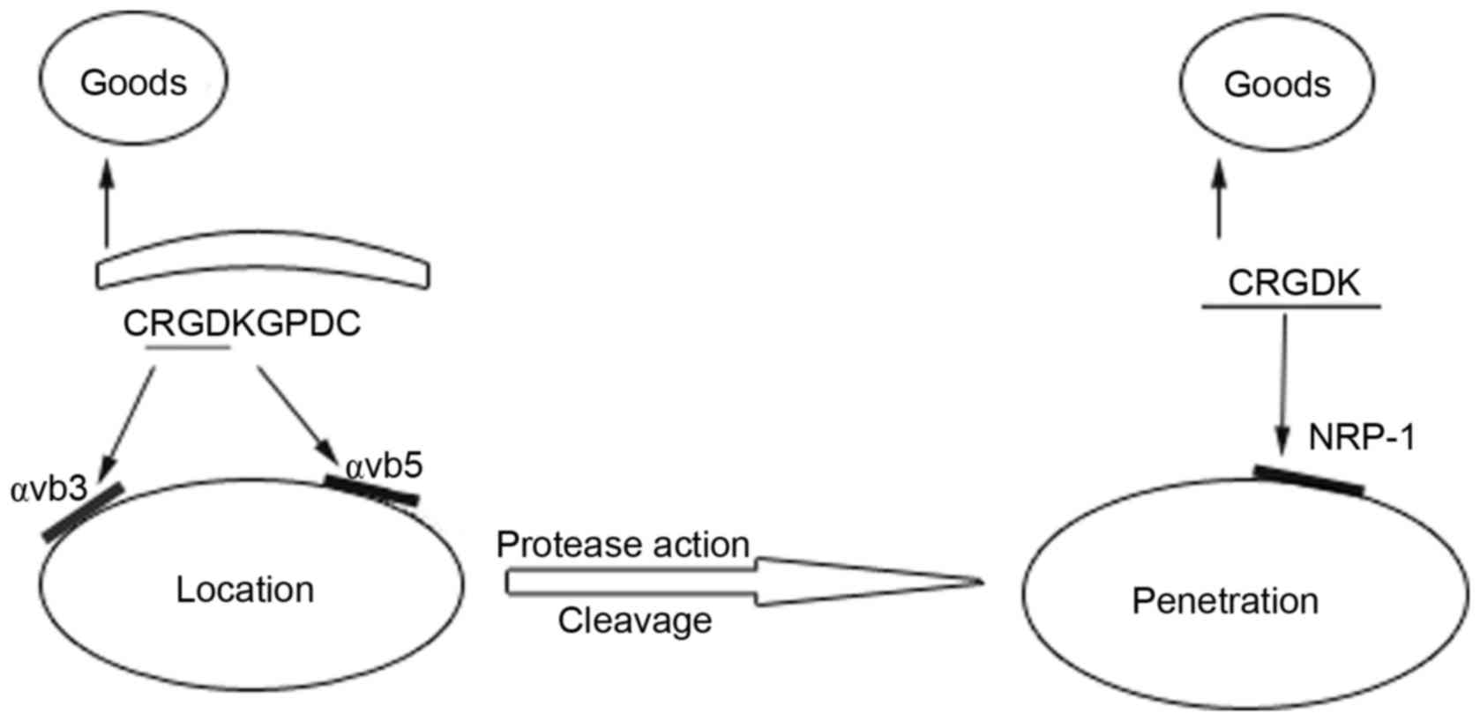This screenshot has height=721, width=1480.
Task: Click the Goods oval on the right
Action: coord(1277,84)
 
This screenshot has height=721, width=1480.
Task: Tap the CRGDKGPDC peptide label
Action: coord(242,323)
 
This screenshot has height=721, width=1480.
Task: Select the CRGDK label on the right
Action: coord(1293,283)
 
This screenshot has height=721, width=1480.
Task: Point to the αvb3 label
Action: coord(49,487)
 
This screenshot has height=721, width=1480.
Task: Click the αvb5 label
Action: coord(384,466)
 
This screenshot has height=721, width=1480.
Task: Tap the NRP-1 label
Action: coord(1361,437)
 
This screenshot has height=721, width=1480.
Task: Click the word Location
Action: coord(245,589)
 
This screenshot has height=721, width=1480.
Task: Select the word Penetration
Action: coord(1225,601)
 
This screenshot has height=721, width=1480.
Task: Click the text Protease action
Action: coord(623,545)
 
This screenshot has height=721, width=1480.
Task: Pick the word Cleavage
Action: coord(634,621)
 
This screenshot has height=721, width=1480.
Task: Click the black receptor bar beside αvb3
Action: coord(83,512)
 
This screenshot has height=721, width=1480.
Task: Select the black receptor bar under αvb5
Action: coord(370,490)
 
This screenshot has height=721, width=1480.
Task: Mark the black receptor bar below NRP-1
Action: coord(1309,480)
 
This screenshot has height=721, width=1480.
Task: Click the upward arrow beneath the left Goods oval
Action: coord(107,203)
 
